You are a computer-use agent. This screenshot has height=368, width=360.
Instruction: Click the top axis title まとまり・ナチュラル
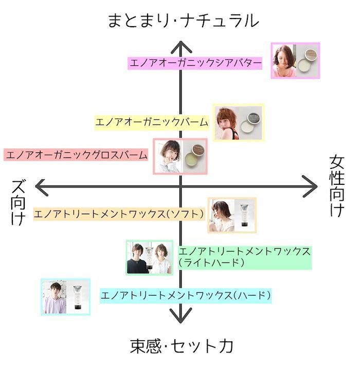pos(183,20)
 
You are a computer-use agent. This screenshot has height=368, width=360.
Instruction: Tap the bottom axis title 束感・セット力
pos(182,345)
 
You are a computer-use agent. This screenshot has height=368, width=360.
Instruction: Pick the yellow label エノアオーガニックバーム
pos(152,122)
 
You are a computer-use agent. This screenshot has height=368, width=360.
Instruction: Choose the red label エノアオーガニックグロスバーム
pos(76,154)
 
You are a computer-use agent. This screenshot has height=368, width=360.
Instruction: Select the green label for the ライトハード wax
pos(244,256)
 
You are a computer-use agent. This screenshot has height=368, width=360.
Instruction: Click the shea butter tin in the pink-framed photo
pos(308,61)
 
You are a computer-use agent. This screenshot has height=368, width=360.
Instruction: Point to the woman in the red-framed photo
pos(169,156)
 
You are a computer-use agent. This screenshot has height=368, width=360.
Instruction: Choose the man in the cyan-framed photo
pos(55,297)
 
